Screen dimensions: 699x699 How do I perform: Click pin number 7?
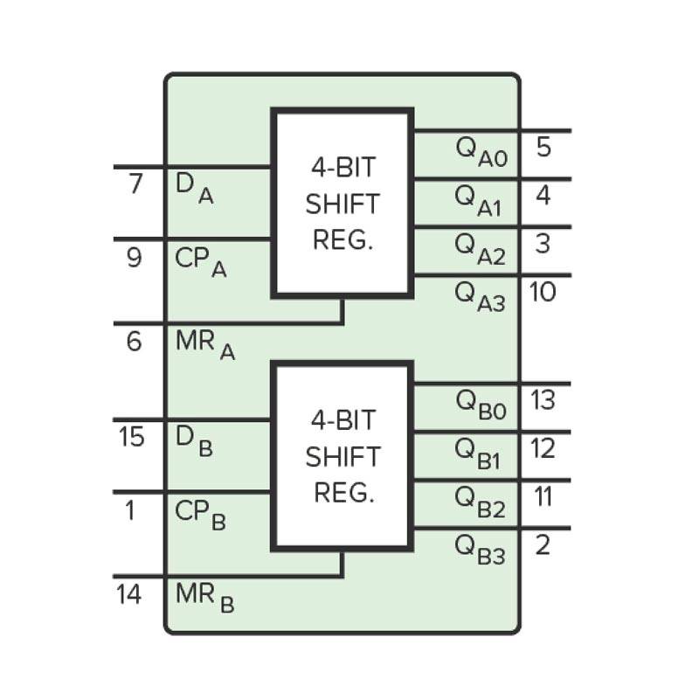(135, 185)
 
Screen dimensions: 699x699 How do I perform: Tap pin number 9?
(134, 258)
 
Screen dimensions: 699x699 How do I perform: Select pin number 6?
(134, 341)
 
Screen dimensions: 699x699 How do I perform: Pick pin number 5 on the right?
(543, 147)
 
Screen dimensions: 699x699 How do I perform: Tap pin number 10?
(543, 291)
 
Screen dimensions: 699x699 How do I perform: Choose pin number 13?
(543, 400)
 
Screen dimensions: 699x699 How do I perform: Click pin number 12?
(543, 448)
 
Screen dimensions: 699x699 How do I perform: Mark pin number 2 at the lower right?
(543, 546)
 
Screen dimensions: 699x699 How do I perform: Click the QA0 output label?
(480, 151)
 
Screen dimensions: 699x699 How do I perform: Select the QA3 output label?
(480, 296)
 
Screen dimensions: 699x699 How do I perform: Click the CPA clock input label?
(200, 262)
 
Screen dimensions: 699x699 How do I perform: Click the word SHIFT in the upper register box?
(343, 204)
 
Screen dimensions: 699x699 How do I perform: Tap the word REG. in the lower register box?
(343, 493)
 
